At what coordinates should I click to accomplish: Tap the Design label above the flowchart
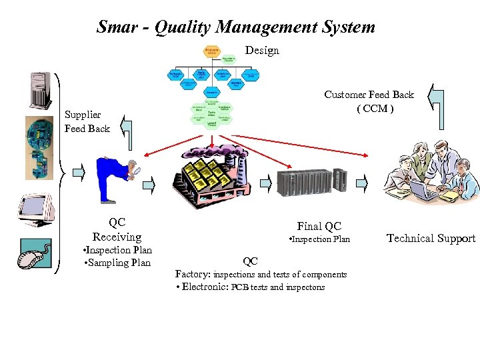click(262, 51)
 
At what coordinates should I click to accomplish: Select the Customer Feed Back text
click(369, 95)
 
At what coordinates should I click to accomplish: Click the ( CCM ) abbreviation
click(375, 109)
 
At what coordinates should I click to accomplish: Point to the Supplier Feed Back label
click(87, 121)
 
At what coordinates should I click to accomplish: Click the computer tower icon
click(39, 89)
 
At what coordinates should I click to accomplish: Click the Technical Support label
click(431, 239)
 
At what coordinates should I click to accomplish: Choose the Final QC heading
click(319, 226)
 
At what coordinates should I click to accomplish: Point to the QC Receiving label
click(117, 230)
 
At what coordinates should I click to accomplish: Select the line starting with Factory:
click(261, 274)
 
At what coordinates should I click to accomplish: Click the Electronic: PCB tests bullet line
click(249, 287)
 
